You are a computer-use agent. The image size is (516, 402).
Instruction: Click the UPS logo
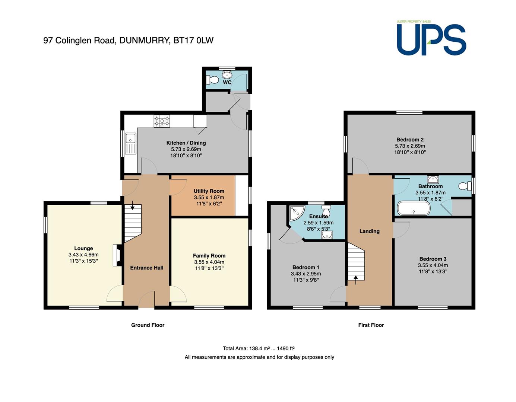click(x=431, y=38)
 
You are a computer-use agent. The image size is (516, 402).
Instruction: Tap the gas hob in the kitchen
click(x=162, y=121)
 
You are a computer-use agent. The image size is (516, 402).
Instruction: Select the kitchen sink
click(x=130, y=143)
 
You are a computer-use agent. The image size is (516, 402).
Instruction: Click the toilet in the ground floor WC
click(x=212, y=80)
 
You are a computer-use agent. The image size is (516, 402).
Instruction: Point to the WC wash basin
click(x=227, y=74)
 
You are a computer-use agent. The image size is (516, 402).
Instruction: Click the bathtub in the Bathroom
click(x=414, y=208)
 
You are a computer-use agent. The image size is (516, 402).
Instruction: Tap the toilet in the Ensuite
click(x=326, y=210)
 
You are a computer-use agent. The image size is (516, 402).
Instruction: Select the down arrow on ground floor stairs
click(x=132, y=205)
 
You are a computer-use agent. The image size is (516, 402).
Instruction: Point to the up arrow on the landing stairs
click(x=355, y=280)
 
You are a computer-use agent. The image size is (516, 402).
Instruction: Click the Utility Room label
click(x=209, y=191)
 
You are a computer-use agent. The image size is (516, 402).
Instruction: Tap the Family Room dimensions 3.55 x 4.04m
click(x=209, y=262)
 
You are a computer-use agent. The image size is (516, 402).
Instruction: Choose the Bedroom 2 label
click(x=410, y=140)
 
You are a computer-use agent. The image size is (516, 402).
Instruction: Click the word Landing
click(x=369, y=231)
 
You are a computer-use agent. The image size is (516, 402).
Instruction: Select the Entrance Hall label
click(x=146, y=268)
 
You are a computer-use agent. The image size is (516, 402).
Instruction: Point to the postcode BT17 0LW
click(x=193, y=40)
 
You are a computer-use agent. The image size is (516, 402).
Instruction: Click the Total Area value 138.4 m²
click(x=259, y=348)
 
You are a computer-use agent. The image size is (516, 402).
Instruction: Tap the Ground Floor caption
click(x=148, y=325)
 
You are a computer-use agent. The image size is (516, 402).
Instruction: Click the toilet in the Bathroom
click(x=465, y=186)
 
